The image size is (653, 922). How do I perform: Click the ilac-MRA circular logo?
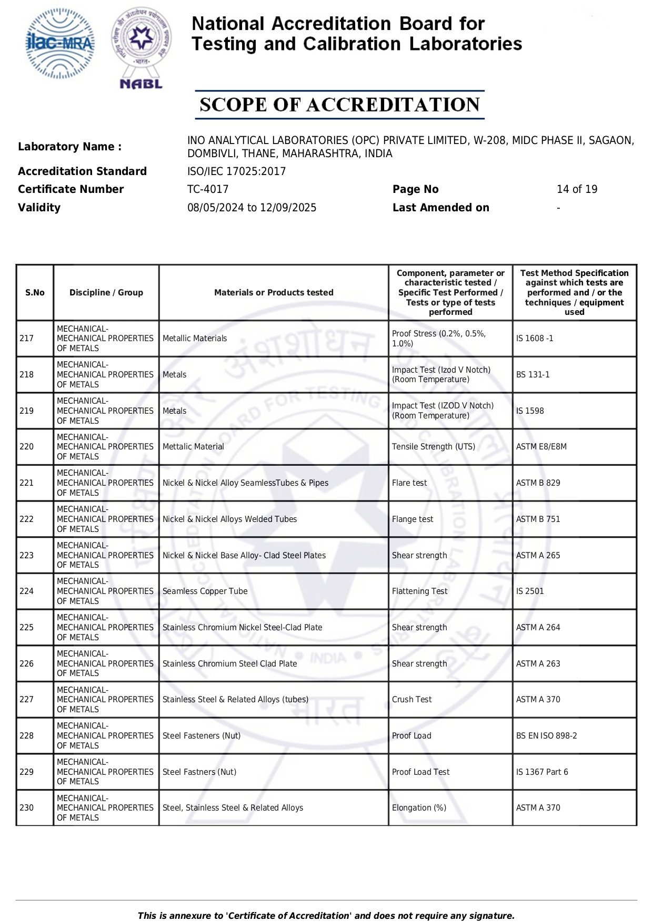pyautogui.click(x=60, y=44)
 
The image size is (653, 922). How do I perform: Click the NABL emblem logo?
pyautogui.click(x=141, y=47)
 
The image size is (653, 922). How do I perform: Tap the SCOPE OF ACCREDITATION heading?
pyautogui.click(x=339, y=105)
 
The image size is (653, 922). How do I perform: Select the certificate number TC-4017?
pyautogui.click(x=208, y=189)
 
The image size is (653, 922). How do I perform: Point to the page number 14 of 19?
pyautogui.click(x=577, y=189)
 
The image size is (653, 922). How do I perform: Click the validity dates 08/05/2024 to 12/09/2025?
pyautogui.click(x=252, y=208)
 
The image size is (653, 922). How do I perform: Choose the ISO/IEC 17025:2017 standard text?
pyautogui.click(x=236, y=171)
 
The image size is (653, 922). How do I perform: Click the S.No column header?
pyautogui.click(x=35, y=293)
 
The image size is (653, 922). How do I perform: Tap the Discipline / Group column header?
pyautogui.click(x=106, y=293)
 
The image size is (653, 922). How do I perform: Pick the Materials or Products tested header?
pyautogui.click(x=274, y=293)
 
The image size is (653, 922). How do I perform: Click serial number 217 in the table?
pyautogui.click(x=27, y=339)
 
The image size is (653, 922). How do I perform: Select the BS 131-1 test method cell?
pyautogui.click(x=533, y=375)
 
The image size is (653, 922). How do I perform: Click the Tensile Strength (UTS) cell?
pyautogui.click(x=433, y=447)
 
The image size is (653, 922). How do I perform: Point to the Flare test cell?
pyautogui.click(x=409, y=483)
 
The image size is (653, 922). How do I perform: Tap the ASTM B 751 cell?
pyautogui.click(x=538, y=519)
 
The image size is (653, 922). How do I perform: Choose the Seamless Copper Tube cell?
pyautogui.click(x=205, y=591)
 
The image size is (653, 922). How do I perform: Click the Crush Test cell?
pyautogui.click(x=411, y=700)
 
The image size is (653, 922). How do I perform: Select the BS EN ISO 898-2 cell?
pyautogui.click(x=546, y=736)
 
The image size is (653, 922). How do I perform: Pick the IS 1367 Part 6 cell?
pyautogui.click(x=542, y=772)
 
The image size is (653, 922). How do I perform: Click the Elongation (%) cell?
pyautogui.click(x=419, y=808)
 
